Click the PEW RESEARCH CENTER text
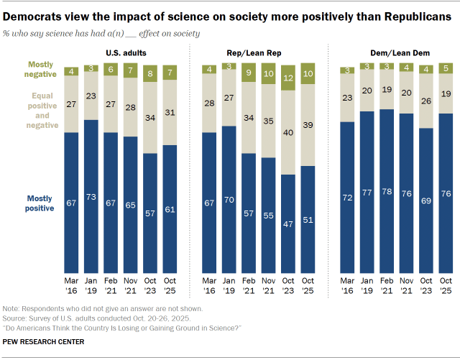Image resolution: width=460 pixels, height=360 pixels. [x=44, y=341]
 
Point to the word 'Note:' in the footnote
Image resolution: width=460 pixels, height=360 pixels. [x=11, y=308]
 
